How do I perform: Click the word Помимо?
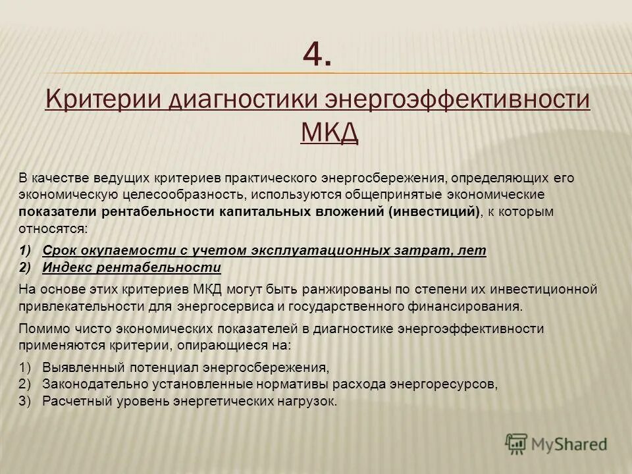42,328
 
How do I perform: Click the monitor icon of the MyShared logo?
517,443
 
